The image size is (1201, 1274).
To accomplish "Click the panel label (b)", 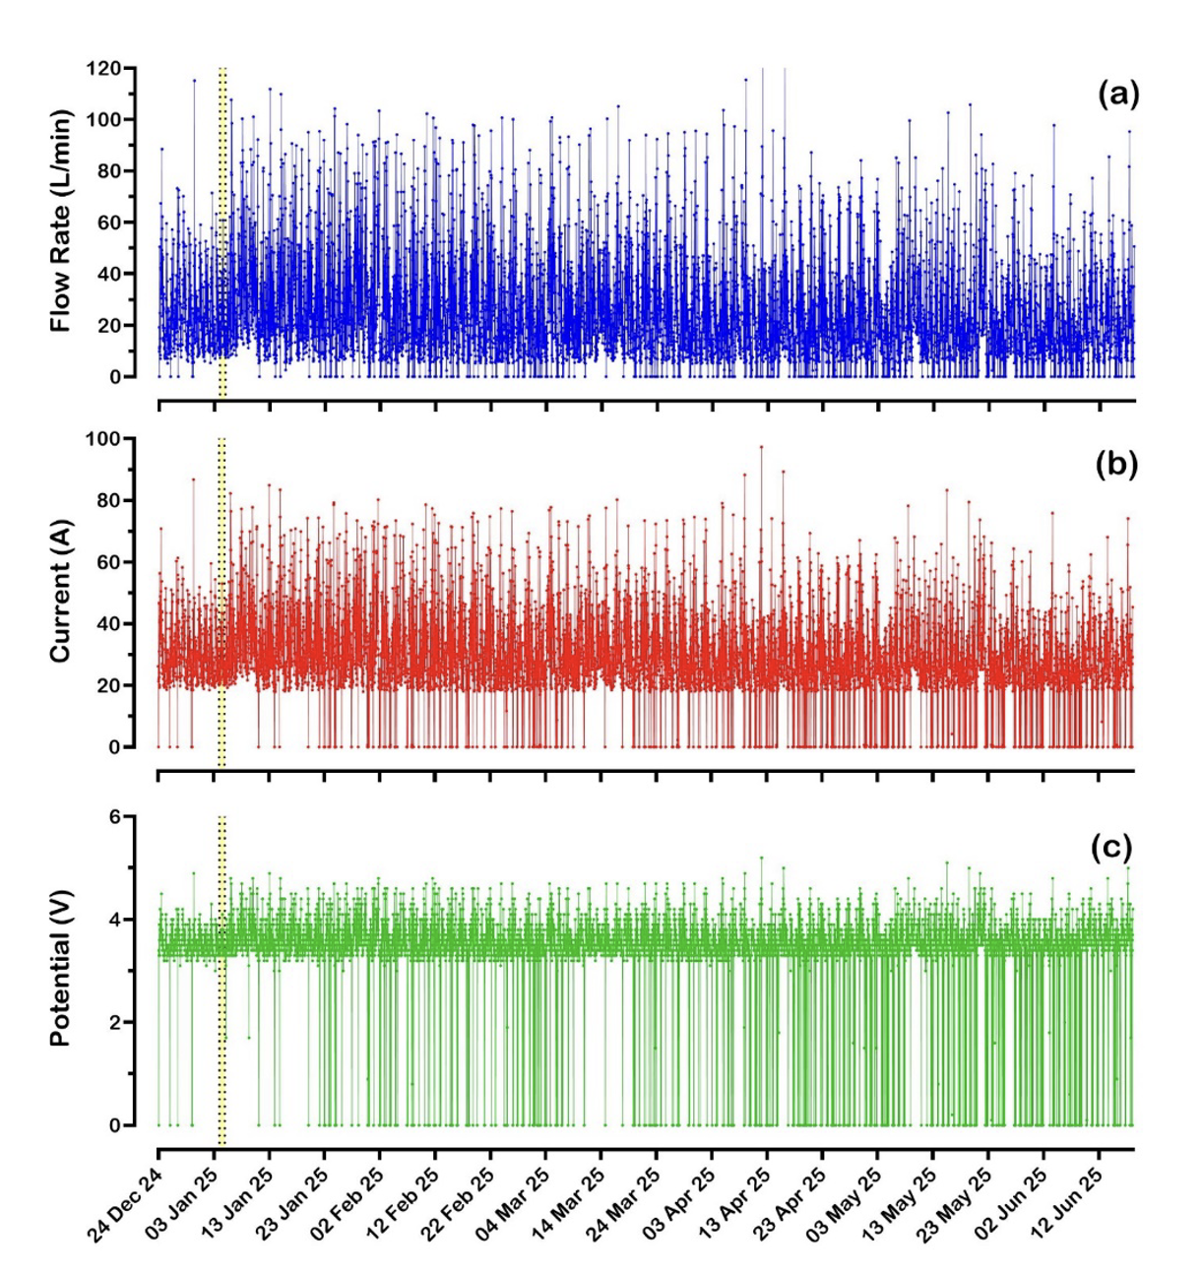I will [1116, 464].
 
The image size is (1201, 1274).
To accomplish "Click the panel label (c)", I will [1111, 847].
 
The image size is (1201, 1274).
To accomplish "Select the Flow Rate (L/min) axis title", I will [61, 221].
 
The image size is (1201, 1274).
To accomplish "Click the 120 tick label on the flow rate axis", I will [103, 69].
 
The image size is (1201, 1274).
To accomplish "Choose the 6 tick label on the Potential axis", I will [114, 817].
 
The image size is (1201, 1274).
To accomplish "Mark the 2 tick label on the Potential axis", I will [114, 1023].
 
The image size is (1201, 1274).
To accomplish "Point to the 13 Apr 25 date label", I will [733, 1203].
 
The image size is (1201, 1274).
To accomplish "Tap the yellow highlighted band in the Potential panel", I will [221, 980].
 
